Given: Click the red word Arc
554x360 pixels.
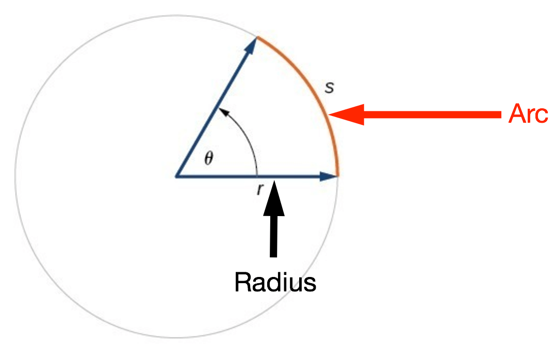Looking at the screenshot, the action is click(528, 114).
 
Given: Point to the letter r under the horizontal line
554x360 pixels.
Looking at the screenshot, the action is click(260, 190).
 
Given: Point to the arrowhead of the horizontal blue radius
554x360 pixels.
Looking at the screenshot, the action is click(329, 176).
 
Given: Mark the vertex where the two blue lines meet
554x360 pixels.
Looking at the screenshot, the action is click(176, 176).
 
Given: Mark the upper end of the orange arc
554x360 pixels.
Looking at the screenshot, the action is click(257, 37).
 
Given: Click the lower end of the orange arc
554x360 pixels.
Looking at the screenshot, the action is click(337, 175).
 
